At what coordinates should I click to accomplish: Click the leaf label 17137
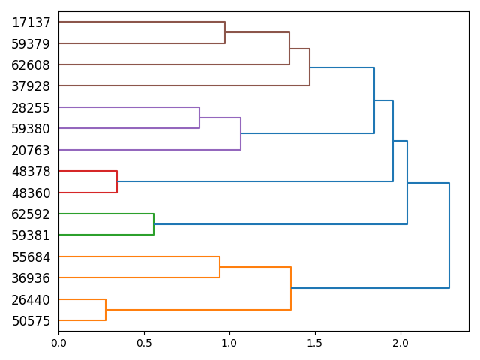click(x=31, y=22)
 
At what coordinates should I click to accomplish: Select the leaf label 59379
click(x=31, y=44)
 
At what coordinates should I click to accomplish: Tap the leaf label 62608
click(x=31, y=65)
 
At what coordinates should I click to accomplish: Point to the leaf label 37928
click(x=31, y=86)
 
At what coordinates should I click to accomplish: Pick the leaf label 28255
click(x=31, y=108)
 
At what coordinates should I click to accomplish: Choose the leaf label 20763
click(x=31, y=151)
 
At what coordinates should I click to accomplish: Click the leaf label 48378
click(x=31, y=172)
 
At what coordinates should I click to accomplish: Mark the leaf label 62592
click(x=31, y=214)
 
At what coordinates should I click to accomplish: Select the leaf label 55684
click(x=31, y=257)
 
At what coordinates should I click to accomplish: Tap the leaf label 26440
click(x=31, y=300)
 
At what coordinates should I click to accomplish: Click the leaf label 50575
click(x=31, y=321)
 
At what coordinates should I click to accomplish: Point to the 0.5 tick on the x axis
click(x=144, y=331)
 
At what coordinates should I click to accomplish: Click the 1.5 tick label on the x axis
click(x=315, y=343)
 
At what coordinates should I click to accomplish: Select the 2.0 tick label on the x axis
click(x=400, y=343)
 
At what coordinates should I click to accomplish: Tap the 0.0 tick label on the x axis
click(x=58, y=343)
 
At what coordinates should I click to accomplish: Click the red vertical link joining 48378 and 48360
click(x=117, y=182)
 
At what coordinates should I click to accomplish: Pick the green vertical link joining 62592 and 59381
click(x=154, y=224)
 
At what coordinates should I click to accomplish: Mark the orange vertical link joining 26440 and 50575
click(x=106, y=310)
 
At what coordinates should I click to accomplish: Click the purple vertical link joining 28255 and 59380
click(x=199, y=118)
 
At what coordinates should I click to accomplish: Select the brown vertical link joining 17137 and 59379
click(x=225, y=33)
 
